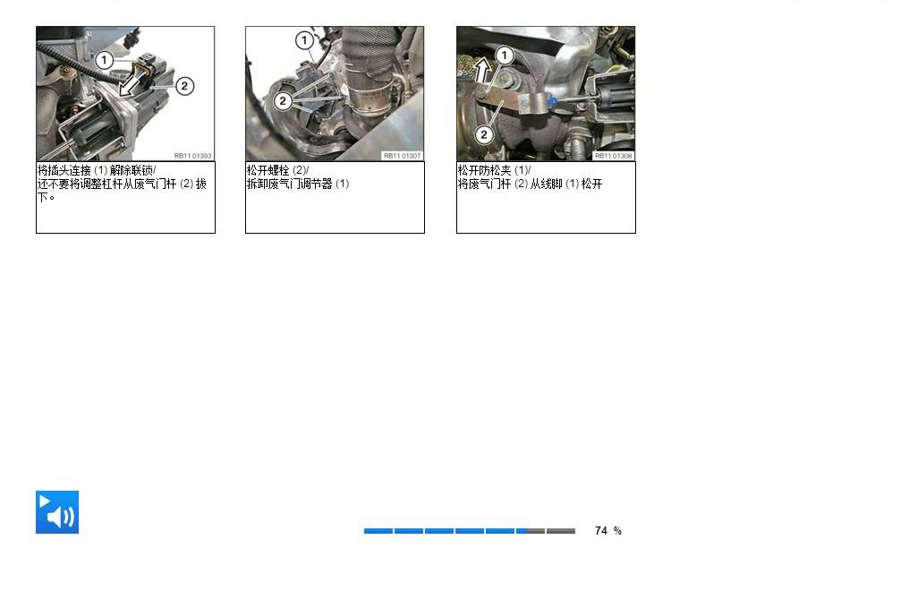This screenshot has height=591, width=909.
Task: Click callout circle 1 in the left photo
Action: [x=104, y=60]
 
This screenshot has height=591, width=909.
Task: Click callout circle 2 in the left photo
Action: [x=184, y=87]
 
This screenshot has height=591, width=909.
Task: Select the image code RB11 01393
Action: [x=192, y=156]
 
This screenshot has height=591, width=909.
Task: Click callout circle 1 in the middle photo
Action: [x=304, y=40]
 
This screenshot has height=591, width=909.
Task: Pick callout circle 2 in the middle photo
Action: [x=283, y=101]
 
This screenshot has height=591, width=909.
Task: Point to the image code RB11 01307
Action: [x=402, y=156]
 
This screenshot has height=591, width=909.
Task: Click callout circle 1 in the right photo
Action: [x=505, y=56]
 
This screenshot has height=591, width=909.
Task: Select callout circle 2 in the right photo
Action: [x=483, y=135]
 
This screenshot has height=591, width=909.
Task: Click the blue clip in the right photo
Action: [x=552, y=102]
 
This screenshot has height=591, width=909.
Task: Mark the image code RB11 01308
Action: [x=613, y=156]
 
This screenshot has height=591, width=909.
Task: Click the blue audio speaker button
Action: [x=57, y=512]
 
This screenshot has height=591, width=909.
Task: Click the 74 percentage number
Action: [x=601, y=531]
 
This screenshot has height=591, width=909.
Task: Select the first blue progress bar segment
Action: [x=378, y=531]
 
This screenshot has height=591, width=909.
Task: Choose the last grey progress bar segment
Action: [x=561, y=531]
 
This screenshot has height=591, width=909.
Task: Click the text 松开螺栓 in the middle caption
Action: [x=268, y=170]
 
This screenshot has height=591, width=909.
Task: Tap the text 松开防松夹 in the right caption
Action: [x=485, y=170]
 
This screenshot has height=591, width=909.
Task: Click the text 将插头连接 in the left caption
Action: [x=64, y=170]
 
